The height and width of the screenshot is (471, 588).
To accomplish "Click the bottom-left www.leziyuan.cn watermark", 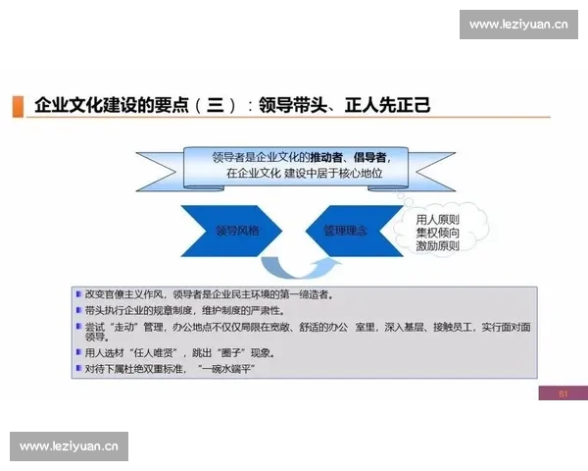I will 69,447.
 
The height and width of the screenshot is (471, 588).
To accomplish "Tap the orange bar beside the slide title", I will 18,106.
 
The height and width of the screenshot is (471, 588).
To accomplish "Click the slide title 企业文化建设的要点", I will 108,106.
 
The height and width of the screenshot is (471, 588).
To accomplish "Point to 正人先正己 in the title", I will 387,106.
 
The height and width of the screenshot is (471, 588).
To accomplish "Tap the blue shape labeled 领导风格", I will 234,232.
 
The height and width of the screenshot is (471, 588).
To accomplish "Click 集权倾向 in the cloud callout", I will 437,234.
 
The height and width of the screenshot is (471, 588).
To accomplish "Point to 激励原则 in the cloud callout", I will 437,246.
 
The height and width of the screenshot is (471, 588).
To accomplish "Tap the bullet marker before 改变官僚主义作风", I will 78,293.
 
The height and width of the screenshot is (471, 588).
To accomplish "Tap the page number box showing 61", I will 563,393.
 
